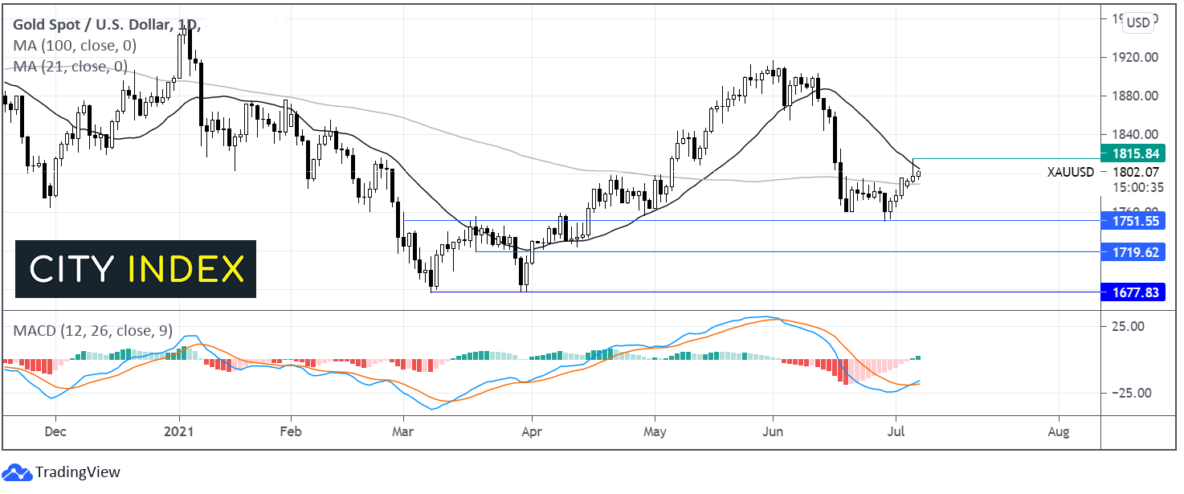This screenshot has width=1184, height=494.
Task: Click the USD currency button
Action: (1137, 22)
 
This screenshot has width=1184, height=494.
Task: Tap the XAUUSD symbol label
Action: (1071, 172)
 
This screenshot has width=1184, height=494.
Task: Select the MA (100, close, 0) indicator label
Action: (74, 46)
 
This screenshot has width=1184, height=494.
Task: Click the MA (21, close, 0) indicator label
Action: (70, 66)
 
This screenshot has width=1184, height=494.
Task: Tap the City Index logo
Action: (136, 269)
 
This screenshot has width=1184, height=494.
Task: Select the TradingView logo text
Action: (79, 472)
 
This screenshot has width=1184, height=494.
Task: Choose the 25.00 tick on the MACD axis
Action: (1129, 326)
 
